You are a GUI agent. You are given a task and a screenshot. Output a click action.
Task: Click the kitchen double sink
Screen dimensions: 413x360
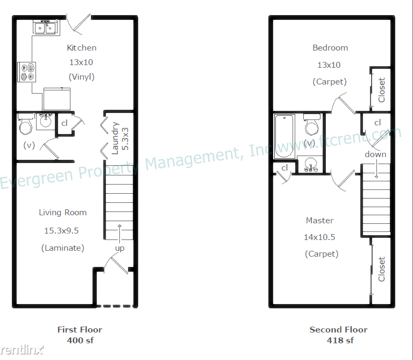(45, 27)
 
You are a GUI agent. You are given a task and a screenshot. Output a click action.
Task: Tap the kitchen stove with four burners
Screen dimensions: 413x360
(27, 72)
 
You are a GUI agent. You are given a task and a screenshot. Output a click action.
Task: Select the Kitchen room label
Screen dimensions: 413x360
(81, 48)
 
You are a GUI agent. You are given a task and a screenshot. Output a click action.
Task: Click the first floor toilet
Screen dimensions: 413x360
(26, 124)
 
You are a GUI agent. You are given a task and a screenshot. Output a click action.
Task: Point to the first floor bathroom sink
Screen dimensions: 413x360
(46, 121)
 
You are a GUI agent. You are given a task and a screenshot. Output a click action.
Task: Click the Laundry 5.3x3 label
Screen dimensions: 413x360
(120, 138)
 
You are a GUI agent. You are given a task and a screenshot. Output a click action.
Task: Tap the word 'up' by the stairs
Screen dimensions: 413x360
(119, 248)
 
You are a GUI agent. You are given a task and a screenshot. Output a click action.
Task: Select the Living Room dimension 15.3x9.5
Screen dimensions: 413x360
(61, 231)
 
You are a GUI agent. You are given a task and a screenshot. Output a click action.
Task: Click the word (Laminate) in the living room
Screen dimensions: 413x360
(63, 248)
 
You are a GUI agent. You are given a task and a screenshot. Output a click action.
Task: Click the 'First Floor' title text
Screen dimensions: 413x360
(80, 329)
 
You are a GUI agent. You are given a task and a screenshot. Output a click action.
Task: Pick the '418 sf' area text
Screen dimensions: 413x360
(340, 340)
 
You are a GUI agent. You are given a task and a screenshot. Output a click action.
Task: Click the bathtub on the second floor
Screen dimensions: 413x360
(284, 136)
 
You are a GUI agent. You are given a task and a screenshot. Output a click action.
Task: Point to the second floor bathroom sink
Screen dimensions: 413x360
(310, 164)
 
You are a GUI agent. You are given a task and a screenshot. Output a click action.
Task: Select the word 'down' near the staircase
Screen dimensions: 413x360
(375, 154)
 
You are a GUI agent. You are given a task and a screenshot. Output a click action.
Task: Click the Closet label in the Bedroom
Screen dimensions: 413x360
(382, 90)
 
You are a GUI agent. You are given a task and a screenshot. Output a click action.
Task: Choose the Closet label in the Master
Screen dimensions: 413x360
(382, 269)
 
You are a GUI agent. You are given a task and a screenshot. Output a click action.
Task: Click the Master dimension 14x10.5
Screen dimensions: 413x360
(319, 237)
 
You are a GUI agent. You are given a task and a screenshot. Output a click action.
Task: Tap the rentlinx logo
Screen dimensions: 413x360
(22, 350)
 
